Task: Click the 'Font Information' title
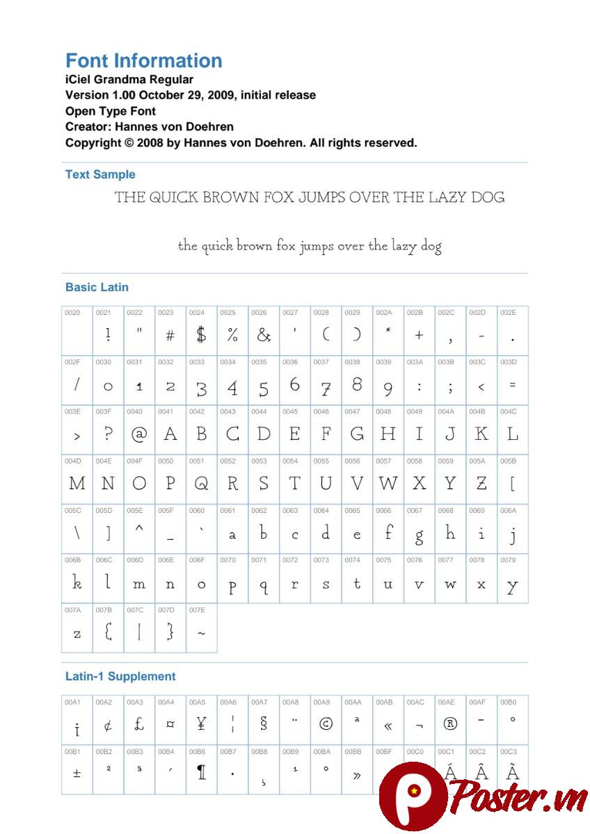click(143, 60)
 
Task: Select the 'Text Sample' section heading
click(100, 174)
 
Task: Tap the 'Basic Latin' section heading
click(97, 287)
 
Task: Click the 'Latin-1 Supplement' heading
click(120, 676)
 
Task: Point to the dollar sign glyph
click(201, 335)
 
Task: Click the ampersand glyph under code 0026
click(263, 335)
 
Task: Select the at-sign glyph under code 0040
click(139, 434)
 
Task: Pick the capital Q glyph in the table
click(201, 484)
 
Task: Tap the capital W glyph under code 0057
click(388, 484)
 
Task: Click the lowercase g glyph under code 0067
click(419, 536)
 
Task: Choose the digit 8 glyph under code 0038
click(357, 384)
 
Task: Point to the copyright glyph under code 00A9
click(326, 723)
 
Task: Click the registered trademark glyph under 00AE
click(450, 723)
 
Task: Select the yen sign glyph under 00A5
click(201, 724)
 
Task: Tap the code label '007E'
click(196, 610)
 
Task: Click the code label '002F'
click(72, 362)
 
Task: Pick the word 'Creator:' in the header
click(88, 126)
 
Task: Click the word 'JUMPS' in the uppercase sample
click(321, 197)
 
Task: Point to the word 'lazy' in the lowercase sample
click(404, 246)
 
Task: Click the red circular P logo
click(412, 794)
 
